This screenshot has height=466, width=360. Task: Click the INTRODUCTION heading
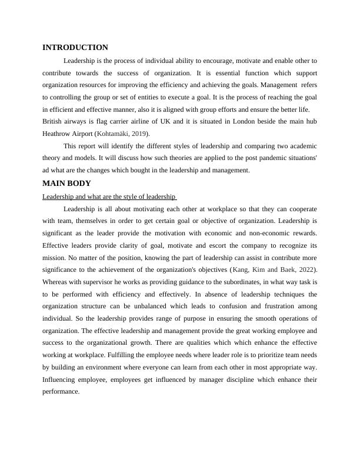click(x=75, y=48)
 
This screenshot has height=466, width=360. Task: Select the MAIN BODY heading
click(x=66, y=184)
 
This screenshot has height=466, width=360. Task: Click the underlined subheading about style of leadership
click(x=109, y=197)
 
